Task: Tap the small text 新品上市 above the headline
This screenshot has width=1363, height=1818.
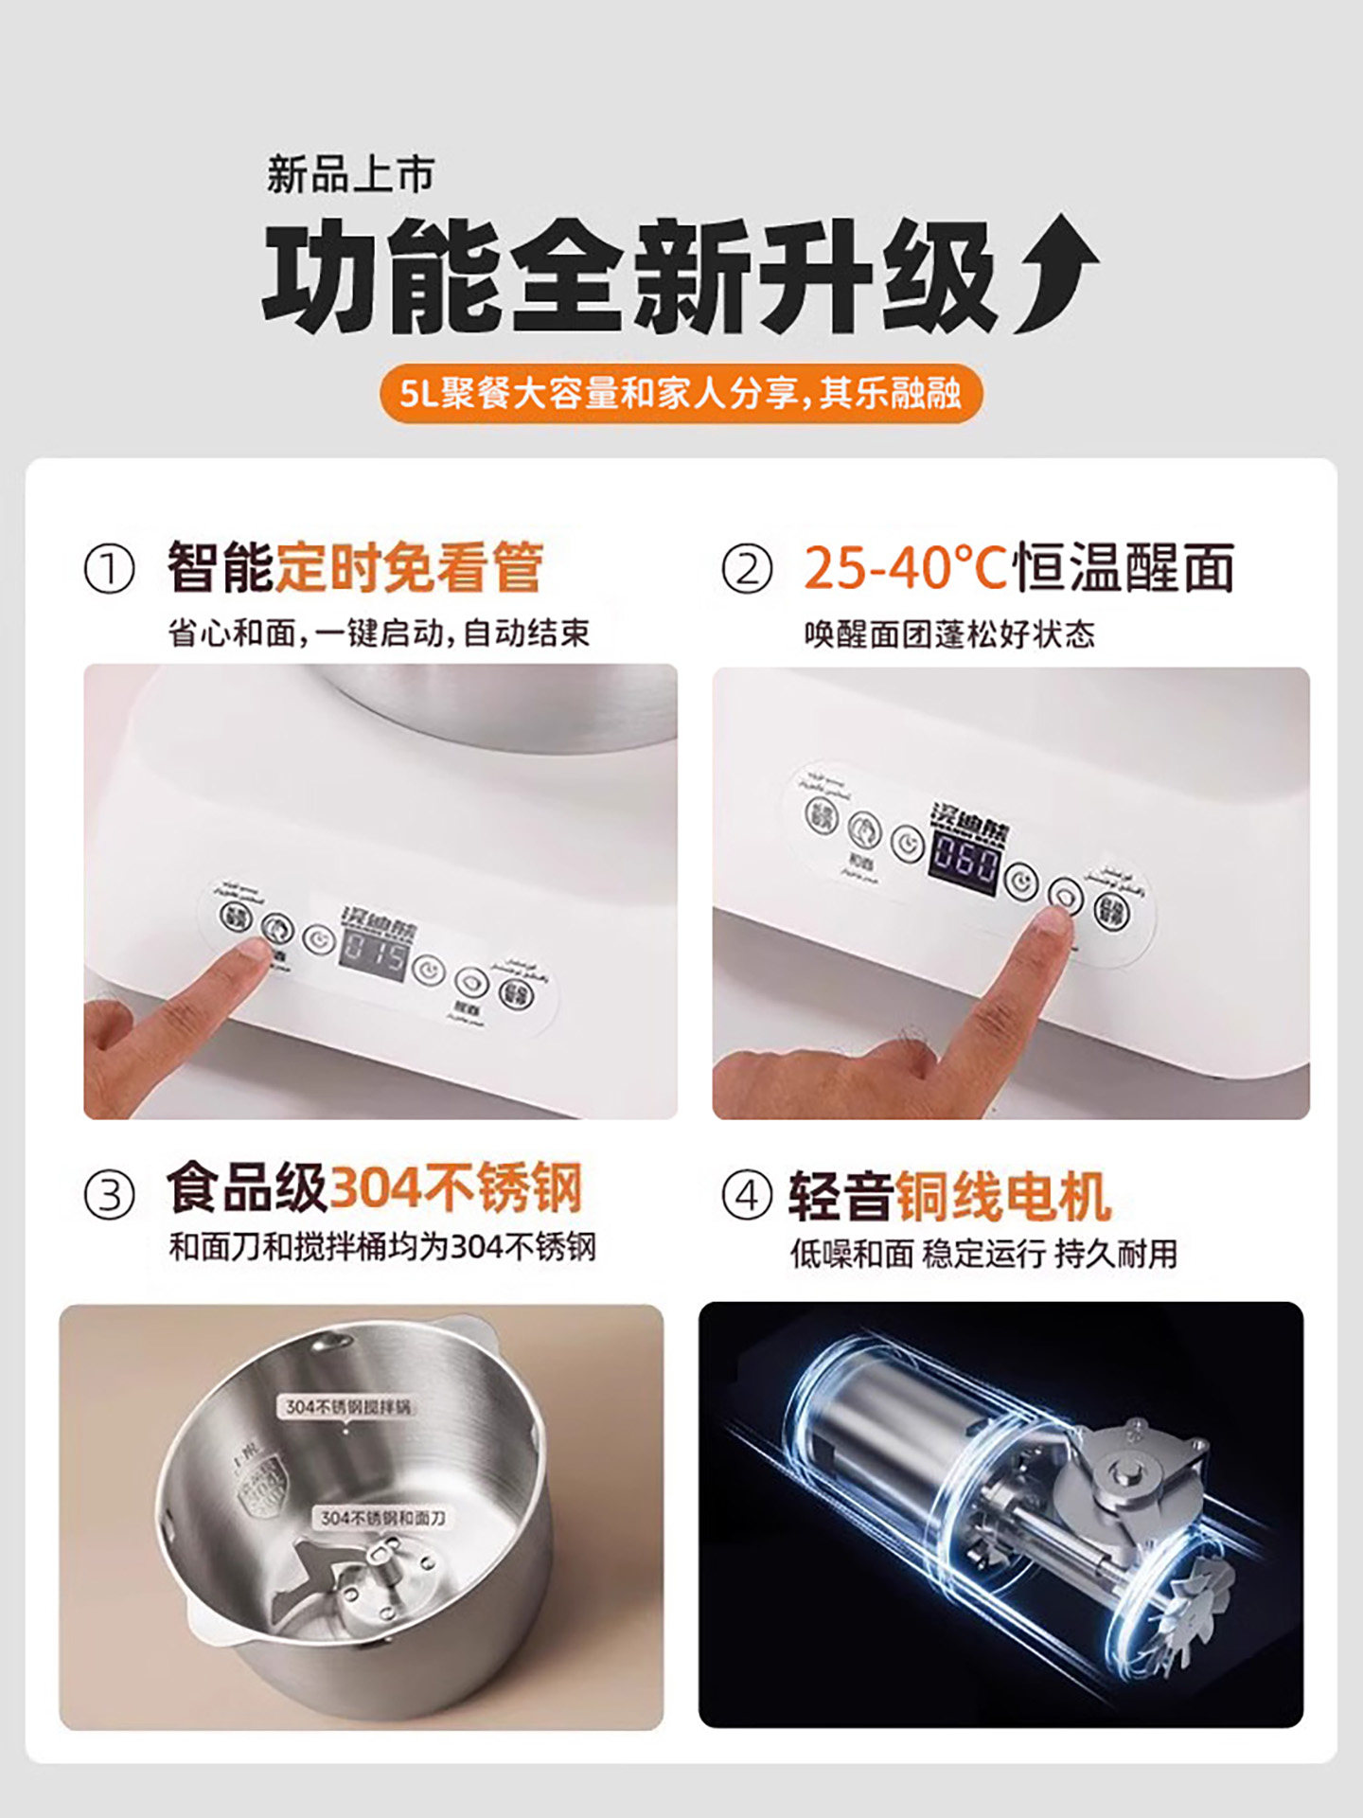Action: pyautogui.click(x=349, y=175)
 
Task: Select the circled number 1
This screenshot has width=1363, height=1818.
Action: pyautogui.click(x=110, y=570)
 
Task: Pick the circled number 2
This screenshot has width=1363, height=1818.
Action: pyautogui.click(x=747, y=570)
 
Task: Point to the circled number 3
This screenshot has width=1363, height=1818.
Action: pyautogui.click(x=110, y=1195)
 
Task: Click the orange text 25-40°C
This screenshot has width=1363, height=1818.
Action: pyautogui.click(x=905, y=568)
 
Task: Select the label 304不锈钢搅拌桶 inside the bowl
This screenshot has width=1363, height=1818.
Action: pyautogui.click(x=348, y=1407)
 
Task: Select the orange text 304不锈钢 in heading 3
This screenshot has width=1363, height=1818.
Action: pyautogui.click(x=454, y=1187)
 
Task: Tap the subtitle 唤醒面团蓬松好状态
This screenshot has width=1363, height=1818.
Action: pyautogui.click(x=948, y=633)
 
